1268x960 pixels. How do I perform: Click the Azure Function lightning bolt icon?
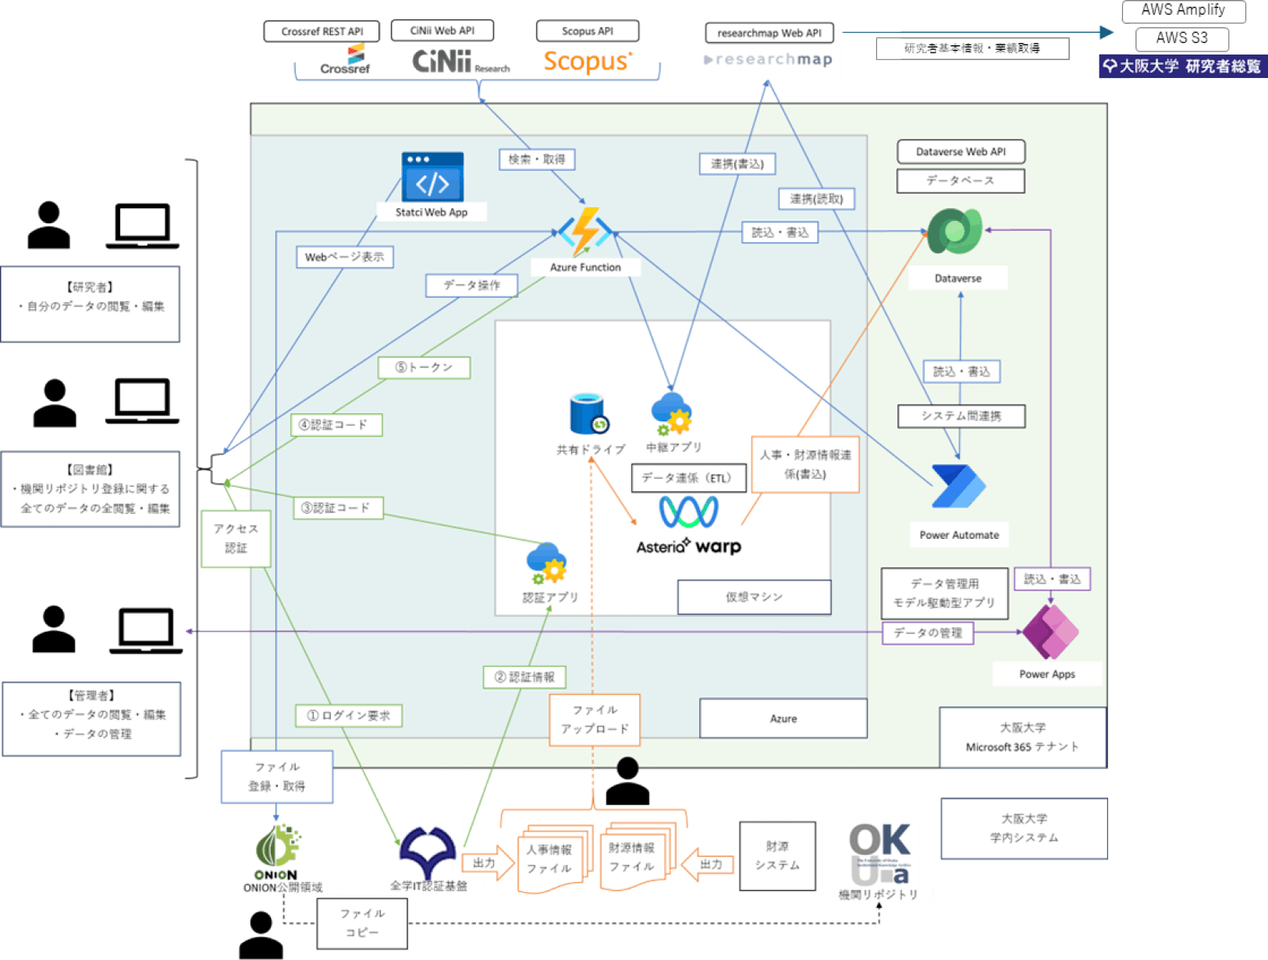tap(585, 231)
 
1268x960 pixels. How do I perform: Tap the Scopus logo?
tap(588, 61)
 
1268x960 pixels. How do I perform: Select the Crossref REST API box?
tap(321, 31)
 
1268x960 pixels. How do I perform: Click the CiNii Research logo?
tap(460, 61)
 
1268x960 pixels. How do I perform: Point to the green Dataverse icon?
tap(955, 231)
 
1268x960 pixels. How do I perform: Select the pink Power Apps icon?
tap(1050, 632)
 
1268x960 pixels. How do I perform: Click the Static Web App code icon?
tap(432, 178)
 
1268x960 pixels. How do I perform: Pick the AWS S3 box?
tap(1181, 38)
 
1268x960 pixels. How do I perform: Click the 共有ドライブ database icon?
tap(588, 414)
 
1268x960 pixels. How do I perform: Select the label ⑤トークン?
tap(424, 367)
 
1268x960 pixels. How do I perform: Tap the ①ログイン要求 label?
tap(349, 715)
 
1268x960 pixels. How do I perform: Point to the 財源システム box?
tap(777, 855)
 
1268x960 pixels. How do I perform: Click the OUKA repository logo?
tap(879, 854)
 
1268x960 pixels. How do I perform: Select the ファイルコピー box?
tap(362, 923)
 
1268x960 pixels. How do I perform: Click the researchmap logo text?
tap(769, 59)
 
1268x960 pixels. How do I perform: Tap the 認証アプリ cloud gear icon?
tap(546, 563)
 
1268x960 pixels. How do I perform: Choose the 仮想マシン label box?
tap(754, 597)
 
